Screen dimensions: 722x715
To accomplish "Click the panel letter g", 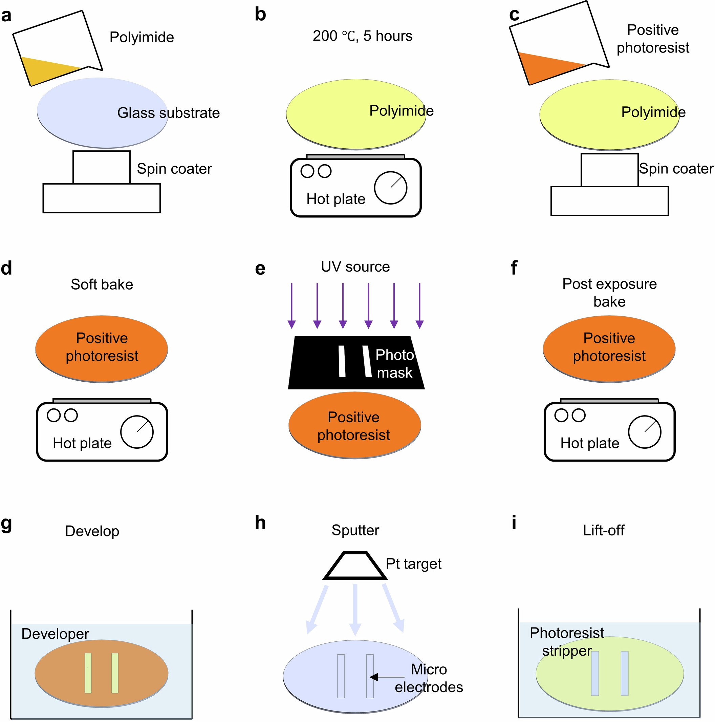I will click(6, 524).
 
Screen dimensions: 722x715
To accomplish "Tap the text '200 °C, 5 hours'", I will click(362, 36).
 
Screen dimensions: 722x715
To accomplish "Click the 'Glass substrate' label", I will click(169, 113).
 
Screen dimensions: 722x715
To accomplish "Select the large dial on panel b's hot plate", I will click(390, 188).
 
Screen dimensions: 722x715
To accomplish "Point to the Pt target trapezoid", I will click(355, 566).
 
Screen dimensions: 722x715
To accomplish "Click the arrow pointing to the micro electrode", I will click(387, 677).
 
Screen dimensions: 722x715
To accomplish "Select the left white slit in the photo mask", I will click(342, 361).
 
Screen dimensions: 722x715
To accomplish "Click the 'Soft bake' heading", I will click(102, 284).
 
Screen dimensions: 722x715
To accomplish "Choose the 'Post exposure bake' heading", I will click(609, 292).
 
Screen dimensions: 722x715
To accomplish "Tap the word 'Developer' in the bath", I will click(55, 634).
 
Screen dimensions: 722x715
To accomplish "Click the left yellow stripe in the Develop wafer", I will click(88, 673).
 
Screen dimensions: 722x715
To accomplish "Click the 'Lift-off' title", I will click(603, 530).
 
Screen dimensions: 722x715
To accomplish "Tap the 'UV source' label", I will click(355, 267).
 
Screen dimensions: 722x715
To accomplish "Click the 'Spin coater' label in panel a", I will click(174, 169).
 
